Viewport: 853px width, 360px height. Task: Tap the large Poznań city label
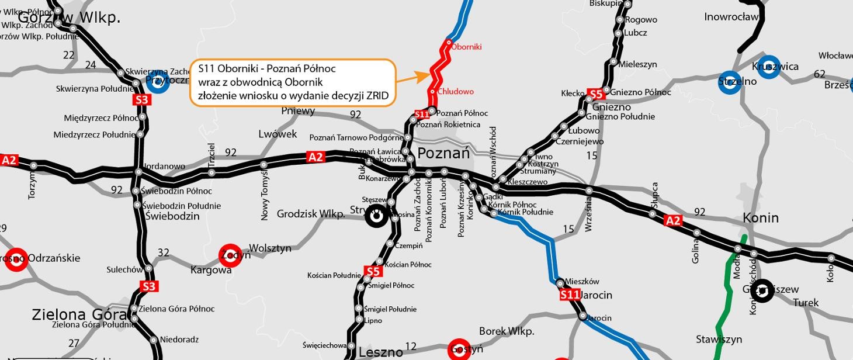point(443,154)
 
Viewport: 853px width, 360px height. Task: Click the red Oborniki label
point(467,47)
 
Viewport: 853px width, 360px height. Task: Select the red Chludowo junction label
point(456,92)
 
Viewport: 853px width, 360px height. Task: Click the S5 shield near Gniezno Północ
point(595,94)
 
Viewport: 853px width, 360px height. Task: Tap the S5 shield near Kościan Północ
point(373,271)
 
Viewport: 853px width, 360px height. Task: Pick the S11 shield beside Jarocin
point(570,295)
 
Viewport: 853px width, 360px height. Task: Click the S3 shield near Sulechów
point(149,286)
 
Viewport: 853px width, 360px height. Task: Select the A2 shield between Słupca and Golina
point(673,220)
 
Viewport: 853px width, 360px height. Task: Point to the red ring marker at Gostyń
point(459,349)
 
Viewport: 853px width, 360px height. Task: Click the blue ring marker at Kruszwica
point(769,67)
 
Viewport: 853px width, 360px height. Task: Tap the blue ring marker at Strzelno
point(730,82)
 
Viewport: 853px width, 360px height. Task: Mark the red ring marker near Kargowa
point(230,255)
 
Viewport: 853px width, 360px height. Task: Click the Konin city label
point(761,218)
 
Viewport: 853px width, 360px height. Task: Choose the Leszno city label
point(380,352)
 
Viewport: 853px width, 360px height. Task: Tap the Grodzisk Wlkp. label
point(311,214)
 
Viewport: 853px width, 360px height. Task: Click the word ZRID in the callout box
point(377,96)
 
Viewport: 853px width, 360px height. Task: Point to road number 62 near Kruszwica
point(819,74)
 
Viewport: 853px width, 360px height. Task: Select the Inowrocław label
point(731,17)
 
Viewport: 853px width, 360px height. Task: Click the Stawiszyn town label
point(719,339)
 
